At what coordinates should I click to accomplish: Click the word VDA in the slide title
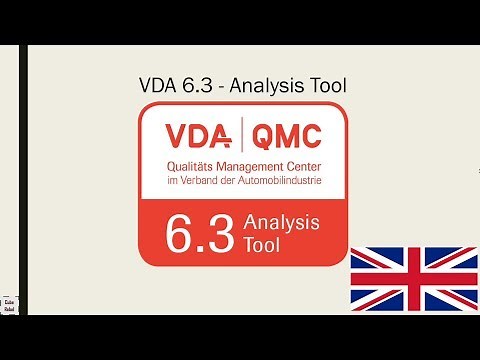click(157, 86)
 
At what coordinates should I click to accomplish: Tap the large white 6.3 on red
click(203, 231)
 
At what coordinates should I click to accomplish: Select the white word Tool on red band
click(262, 243)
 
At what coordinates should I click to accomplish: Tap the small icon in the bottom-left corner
click(9, 306)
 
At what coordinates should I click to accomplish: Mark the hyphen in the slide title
click(222, 87)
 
